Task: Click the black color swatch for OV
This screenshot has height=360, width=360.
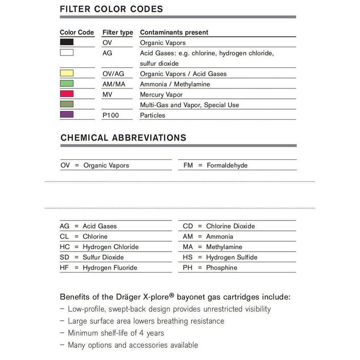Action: (x=67, y=43)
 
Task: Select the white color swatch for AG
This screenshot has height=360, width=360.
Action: (x=67, y=52)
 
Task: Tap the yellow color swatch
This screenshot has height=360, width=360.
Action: (x=67, y=74)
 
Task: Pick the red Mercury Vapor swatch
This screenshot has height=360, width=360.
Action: (x=67, y=94)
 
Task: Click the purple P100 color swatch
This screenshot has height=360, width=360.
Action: (x=67, y=115)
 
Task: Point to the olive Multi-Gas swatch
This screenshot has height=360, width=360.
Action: (x=67, y=104)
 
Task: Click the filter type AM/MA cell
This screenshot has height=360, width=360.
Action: (x=114, y=84)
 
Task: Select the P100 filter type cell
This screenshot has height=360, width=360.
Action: (x=111, y=115)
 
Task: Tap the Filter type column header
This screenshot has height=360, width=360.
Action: (x=118, y=32)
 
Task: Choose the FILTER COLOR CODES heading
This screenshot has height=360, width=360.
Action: (x=112, y=9)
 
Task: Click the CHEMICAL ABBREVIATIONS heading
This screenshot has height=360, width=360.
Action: (x=123, y=138)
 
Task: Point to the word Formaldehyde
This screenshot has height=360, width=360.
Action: (x=227, y=166)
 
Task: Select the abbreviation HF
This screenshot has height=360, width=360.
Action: (x=64, y=267)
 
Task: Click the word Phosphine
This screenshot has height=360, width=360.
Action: (x=222, y=267)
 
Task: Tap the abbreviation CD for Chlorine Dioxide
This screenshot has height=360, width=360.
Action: (x=188, y=226)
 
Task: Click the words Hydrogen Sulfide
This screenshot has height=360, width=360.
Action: (x=231, y=257)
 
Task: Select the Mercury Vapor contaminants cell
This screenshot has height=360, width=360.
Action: (x=161, y=95)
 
